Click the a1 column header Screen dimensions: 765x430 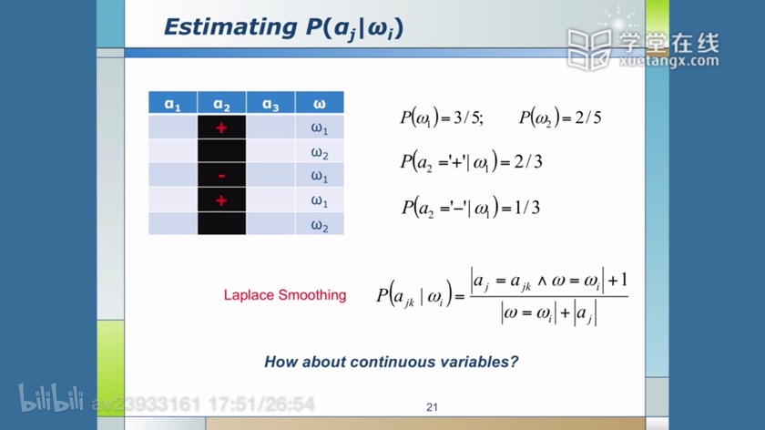click(x=173, y=103)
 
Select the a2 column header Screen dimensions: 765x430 click(x=221, y=103)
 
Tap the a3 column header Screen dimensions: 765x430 click(x=270, y=103)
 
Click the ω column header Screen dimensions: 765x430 click(x=320, y=103)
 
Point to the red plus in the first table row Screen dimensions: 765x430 click(x=221, y=128)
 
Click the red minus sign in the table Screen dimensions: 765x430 click(x=221, y=176)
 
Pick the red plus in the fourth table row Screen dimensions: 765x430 click(x=221, y=200)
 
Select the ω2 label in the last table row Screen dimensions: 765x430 click(x=320, y=226)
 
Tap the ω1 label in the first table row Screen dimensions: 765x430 click(x=320, y=128)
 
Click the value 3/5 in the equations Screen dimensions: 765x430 click(x=468, y=118)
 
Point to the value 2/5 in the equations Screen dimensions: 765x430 click(x=588, y=118)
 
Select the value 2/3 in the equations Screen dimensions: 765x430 click(x=528, y=161)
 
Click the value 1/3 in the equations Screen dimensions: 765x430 click(x=527, y=208)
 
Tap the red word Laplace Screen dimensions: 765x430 click(x=249, y=295)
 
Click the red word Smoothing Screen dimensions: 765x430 click(x=312, y=295)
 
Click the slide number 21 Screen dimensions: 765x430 click(x=432, y=407)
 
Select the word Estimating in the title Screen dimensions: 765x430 click(x=230, y=27)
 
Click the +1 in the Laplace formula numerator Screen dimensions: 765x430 click(x=617, y=281)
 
